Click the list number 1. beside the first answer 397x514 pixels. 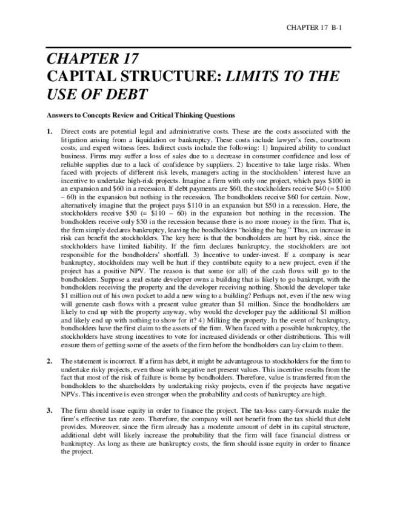tap(49, 131)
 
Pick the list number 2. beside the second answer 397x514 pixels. tap(49, 361)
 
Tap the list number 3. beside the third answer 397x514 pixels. tap(49, 411)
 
